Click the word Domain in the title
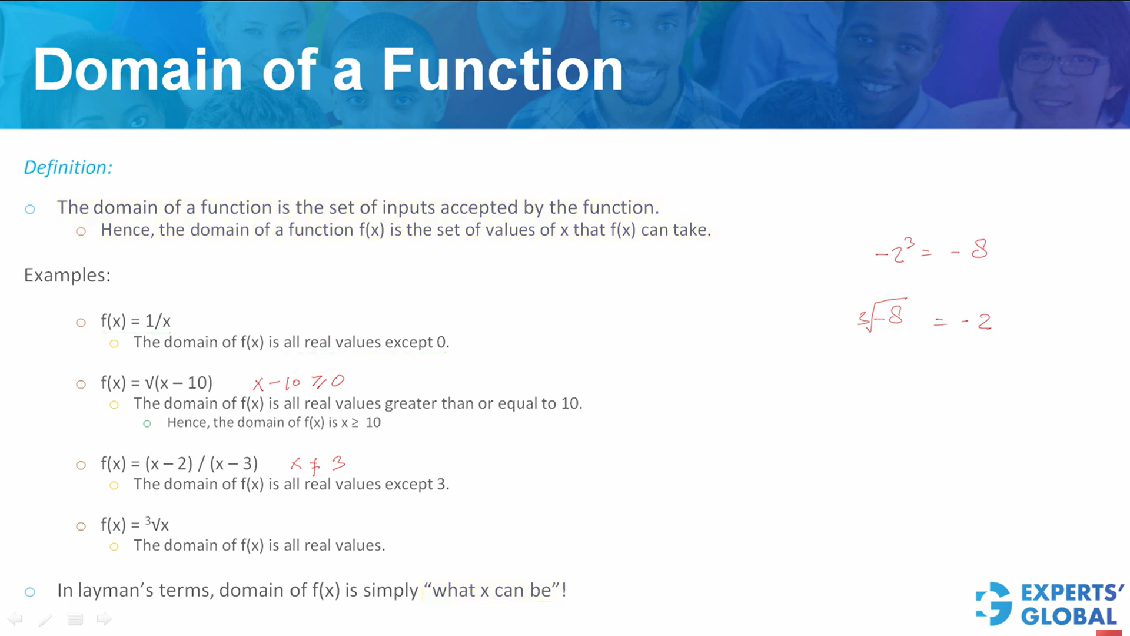(138, 70)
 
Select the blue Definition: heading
(68, 167)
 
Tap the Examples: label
(67, 275)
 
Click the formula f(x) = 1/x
(135, 321)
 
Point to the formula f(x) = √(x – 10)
(157, 383)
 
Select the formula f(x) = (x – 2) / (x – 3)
(179, 463)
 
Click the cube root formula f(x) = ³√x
(135, 524)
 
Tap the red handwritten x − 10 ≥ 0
(298, 383)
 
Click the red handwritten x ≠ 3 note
(318, 464)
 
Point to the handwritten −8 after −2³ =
(970, 250)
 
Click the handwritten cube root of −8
(882, 316)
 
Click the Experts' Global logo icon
(994, 604)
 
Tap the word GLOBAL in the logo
(1069, 617)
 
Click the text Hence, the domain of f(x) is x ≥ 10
(274, 423)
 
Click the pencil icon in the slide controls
(45, 619)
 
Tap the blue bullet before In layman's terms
(30, 592)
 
